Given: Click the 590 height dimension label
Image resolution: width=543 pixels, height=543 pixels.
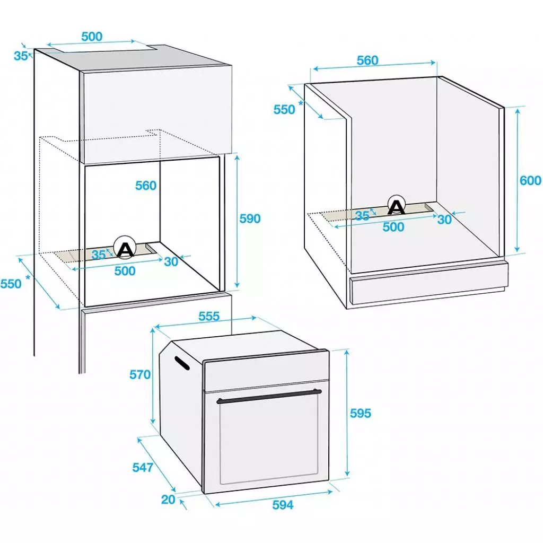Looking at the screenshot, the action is [x=250, y=219].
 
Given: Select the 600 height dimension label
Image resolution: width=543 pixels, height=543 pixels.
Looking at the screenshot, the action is [x=530, y=180].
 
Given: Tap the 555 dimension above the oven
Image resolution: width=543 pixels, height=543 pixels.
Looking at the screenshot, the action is [x=209, y=316].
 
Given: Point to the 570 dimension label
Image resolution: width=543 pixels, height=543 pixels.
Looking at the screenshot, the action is [x=140, y=375].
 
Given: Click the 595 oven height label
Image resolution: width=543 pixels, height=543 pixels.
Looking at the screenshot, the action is [x=361, y=413].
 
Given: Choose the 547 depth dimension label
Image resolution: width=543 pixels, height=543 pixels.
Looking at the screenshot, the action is [x=143, y=468].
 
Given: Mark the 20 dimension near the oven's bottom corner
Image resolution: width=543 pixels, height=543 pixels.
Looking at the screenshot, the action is [x=168, y=500].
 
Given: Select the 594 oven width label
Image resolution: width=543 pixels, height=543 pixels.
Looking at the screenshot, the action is [x=283, y=505].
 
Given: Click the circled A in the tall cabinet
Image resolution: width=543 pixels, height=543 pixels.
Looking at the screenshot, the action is [x=125, y=247].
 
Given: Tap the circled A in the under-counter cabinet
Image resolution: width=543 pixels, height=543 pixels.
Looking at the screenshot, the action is [x=397, y=206].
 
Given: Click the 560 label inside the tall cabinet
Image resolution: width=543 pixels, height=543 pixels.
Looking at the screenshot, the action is [x=146, y=186].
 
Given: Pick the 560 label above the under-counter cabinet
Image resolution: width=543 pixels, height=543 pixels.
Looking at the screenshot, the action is [x=367, y=60].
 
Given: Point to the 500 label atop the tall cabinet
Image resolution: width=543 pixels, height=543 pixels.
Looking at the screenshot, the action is [x=92, y=37].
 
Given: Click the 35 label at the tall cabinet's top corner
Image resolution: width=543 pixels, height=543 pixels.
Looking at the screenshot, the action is [x=21, y=56].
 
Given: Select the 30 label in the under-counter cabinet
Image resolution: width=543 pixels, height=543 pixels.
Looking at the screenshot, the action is [x=444, y=220].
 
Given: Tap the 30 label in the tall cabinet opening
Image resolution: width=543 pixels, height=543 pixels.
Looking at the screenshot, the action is [x=171, y=262].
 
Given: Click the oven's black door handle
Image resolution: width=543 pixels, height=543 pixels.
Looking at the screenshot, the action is [x=269, y=397].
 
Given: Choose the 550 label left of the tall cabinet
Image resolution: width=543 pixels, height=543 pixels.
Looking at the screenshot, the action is [x=11, y=284].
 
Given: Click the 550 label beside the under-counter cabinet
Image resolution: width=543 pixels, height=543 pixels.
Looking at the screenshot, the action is [x=284, y=110].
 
